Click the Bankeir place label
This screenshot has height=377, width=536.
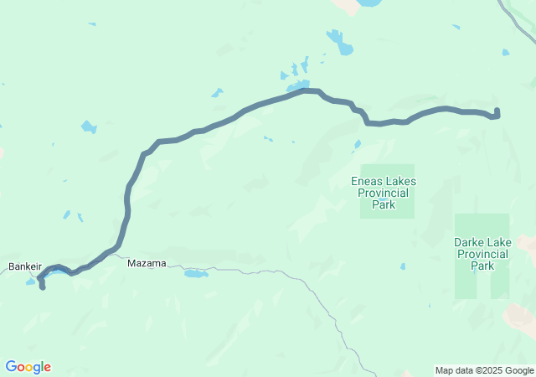(x=25, y=266)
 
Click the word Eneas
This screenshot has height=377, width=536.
(x=367, y=181)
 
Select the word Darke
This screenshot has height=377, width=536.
(x=470, y=242)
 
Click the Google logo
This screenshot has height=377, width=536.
(x=28, y=367)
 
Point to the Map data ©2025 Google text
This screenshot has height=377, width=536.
(x=484, y=370)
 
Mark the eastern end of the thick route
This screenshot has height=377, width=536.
(x=497, y=111)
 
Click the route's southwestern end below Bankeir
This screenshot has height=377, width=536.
(x=42, y=287)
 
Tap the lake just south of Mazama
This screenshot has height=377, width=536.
(x=194, y=273)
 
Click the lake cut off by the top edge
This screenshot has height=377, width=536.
(x=368, y=3)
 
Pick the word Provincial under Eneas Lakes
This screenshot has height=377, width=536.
(x=384, y=193)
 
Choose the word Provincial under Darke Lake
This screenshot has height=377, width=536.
(x=482, y=254)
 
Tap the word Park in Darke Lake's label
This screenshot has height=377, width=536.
(x=482, y=266)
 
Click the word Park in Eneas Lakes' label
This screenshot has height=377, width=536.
(x=384, y=204)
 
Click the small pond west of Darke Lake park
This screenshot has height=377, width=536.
(x=403, y=266)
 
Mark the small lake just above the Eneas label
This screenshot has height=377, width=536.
(x=358, y=144)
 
